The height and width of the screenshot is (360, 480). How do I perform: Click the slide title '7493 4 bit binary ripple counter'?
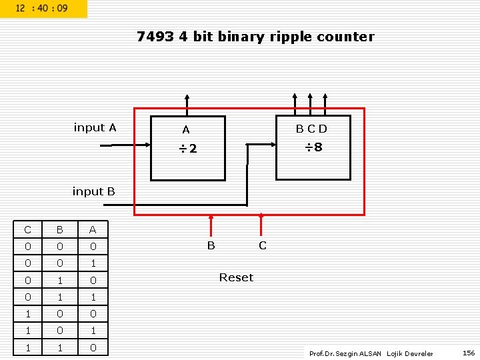255,37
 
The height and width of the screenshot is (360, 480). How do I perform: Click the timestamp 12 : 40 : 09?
41,8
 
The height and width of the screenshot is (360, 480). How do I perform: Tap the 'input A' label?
95,127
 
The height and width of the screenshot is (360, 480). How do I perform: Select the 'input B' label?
93,191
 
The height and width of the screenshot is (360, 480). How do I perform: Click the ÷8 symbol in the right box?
313,147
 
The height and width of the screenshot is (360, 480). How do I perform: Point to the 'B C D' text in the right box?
312,128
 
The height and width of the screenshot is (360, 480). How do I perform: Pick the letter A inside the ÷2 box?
186,130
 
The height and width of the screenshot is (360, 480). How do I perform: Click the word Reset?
236,277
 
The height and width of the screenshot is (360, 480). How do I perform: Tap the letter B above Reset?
211,245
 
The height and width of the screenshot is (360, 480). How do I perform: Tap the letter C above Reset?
262,245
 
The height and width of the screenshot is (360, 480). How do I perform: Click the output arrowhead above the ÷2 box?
187,98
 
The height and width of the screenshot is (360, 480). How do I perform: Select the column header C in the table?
27,230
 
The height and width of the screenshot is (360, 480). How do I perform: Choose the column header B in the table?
59,230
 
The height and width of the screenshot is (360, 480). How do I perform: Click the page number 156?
469,353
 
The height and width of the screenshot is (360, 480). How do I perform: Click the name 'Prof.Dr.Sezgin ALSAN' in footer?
345,353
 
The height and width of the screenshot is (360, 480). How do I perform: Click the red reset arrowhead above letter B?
211,217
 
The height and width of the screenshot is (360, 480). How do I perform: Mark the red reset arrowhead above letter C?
261,215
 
